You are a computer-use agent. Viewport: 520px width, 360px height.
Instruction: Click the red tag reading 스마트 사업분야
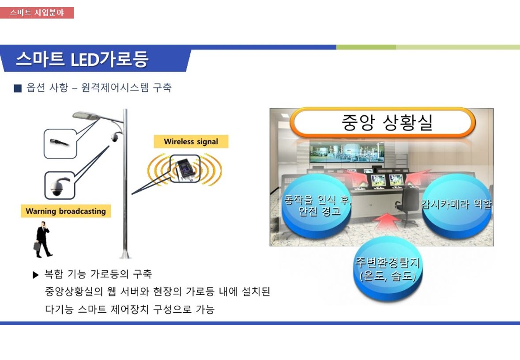click(x=37, y=13)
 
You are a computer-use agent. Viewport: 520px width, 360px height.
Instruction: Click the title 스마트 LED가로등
click(x=82, y=60)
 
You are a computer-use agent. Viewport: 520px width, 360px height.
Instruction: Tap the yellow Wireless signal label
click(x=191, y=141)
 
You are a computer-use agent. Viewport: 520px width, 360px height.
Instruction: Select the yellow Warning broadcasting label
click(x=66, y=211)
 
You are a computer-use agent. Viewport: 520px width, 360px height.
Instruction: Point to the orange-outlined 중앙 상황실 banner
click(x=384, y=122)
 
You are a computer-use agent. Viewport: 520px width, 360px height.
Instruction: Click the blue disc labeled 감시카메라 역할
click(x=457, y=205)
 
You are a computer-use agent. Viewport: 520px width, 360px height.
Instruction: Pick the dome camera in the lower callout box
click(x=59, y=186)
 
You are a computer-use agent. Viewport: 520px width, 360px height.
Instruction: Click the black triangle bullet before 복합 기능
click(x=36, y=275)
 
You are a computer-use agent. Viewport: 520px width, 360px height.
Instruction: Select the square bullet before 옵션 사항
click(x=18, y=88)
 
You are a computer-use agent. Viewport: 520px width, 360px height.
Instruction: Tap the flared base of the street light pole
click(x=125, y=254)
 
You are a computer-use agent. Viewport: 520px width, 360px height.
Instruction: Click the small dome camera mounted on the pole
click(x=115, y=137)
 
